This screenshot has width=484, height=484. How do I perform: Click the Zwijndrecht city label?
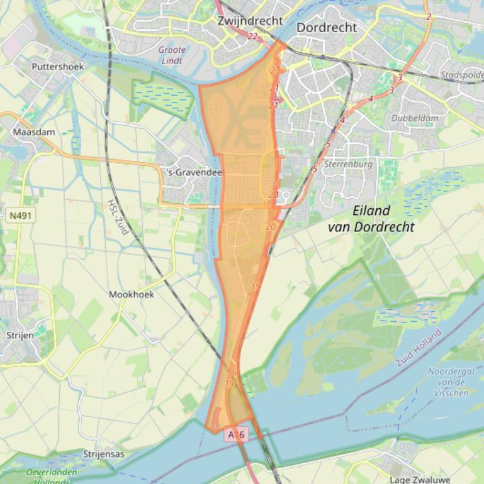(x=250, y=21)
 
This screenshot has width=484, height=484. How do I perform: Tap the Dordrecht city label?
(x=326, y=28)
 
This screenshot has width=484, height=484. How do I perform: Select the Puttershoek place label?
(x=57, y=66)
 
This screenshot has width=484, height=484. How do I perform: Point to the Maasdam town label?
(x=34, y=133)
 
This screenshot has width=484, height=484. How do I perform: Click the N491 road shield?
(x=22, y=216)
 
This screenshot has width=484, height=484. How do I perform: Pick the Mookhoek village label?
(x=131, y=294)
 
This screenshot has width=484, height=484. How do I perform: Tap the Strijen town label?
(x=20, y=336)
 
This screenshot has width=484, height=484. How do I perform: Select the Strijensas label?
(x=104, y=454)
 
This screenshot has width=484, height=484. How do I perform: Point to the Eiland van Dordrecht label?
(x=371, y=219)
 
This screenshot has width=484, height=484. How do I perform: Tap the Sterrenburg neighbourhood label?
(x=348, y=164)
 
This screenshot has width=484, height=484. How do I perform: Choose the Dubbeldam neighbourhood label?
(x=414, y=118)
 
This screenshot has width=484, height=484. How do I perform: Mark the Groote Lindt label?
(x=172, y=55)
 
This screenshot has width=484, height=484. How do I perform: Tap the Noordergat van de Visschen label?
(x=450, y=382)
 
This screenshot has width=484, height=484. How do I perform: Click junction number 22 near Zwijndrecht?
(x=253, y=36)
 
